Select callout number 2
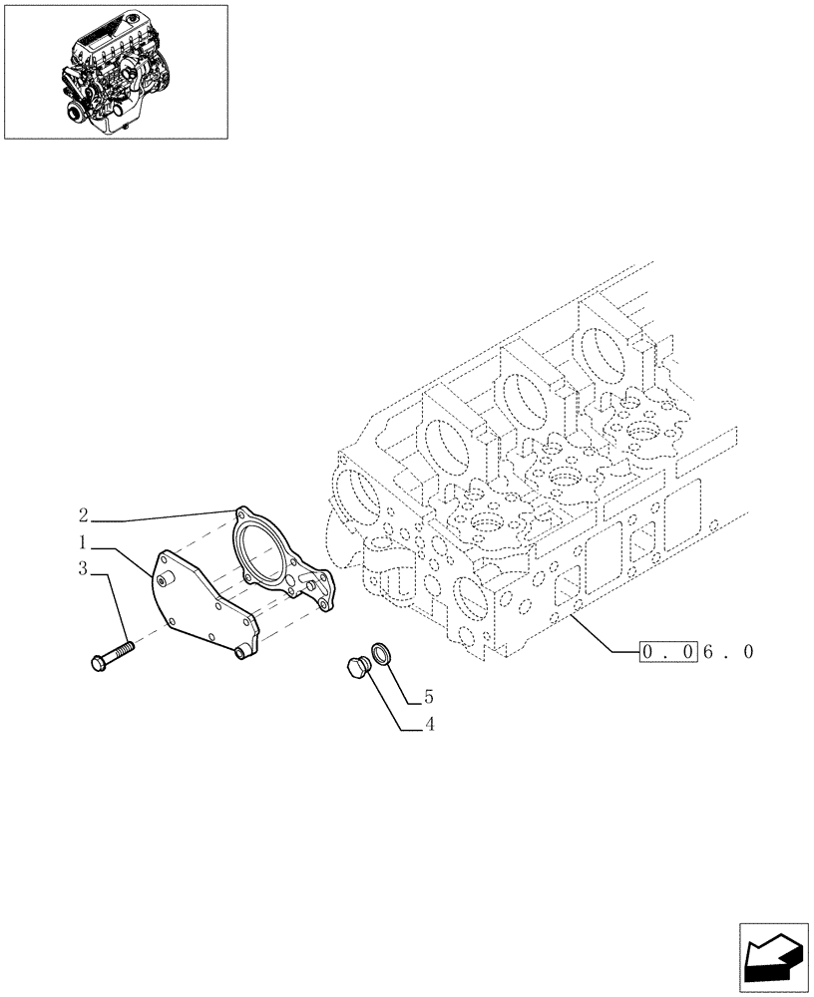(x=85, y=516)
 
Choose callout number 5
(x=428, y=696)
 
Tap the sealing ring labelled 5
(x=380, y=654)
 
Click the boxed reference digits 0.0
(x=666, y=653)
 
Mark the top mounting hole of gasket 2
(x=239, y=513)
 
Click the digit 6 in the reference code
(x=710, y=653)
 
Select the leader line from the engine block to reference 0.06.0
(x=604, y=635)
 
